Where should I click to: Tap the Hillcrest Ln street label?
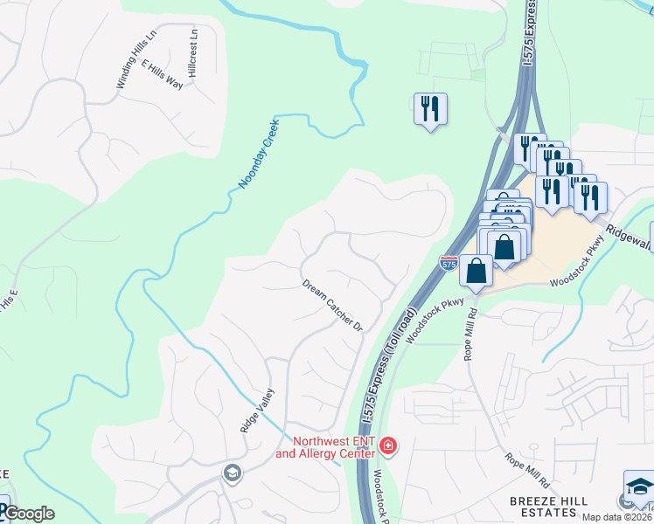(x=193, y=52)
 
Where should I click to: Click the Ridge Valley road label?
(x=257, y=410)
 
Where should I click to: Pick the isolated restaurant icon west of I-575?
(x=430, y=109)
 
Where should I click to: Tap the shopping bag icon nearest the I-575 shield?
(x=476, y=270)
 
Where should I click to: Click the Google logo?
(x=28, y=514)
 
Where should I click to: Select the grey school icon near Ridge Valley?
(x=232, y=473)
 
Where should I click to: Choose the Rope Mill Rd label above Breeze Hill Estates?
(x=526, y=470)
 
